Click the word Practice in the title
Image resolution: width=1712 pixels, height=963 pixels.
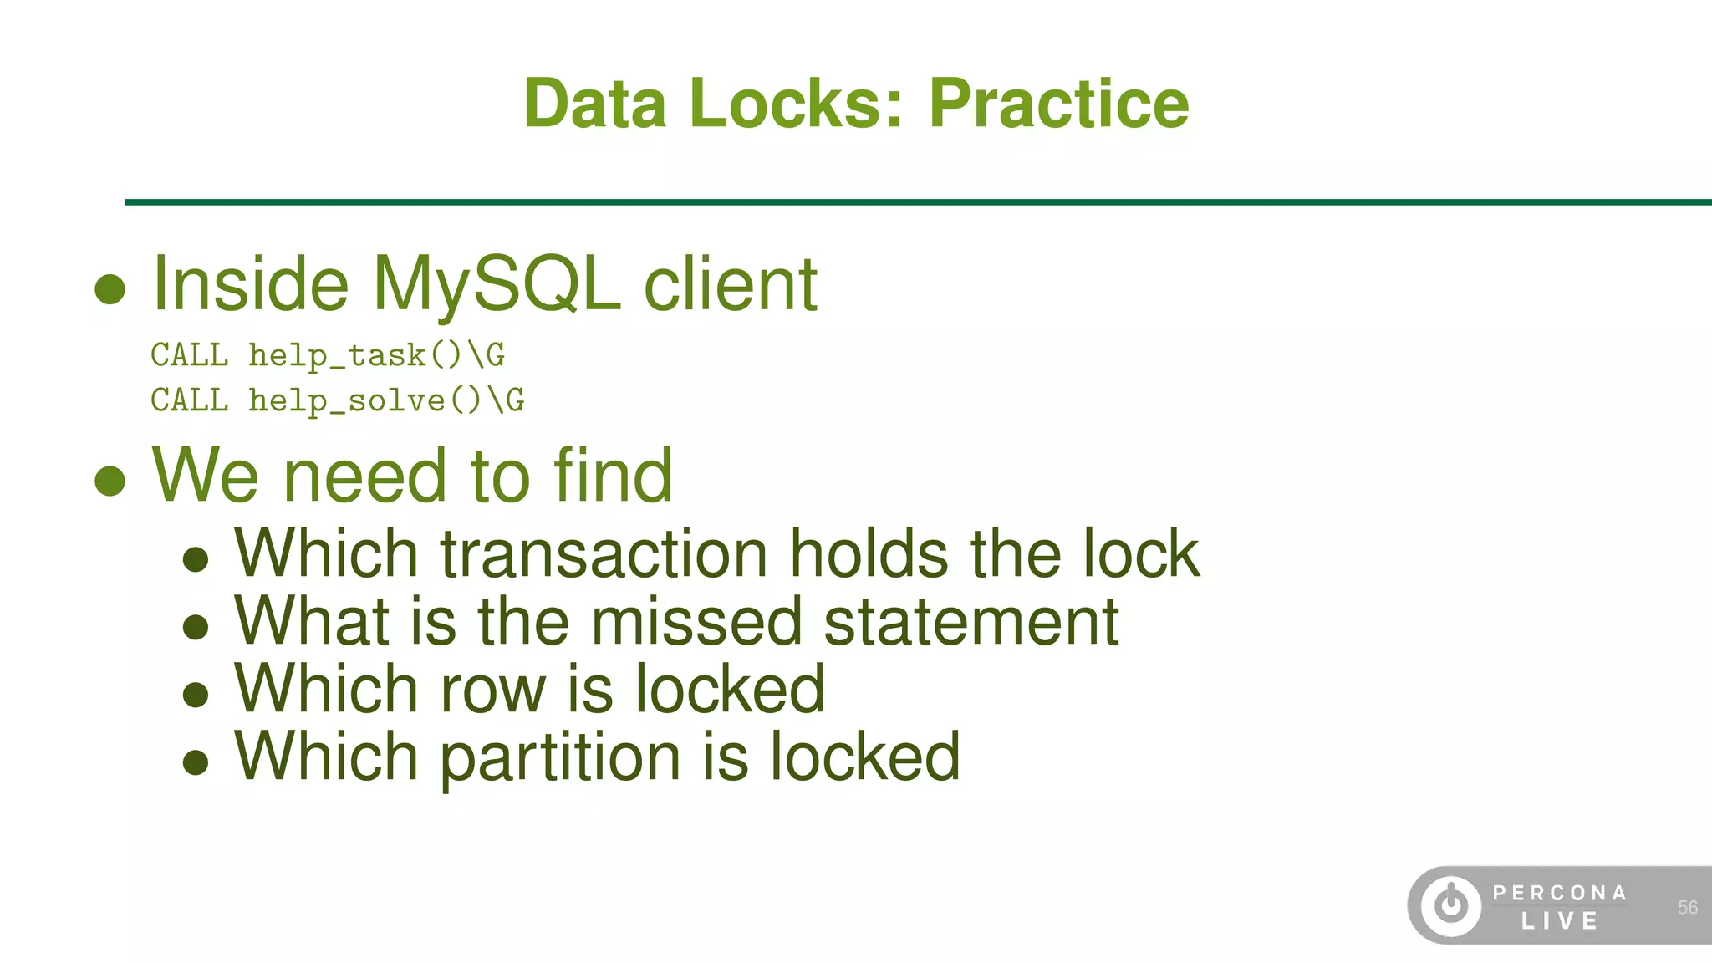pyautogui.click(x=1058, y=104)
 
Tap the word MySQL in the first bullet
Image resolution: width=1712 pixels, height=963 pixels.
pyautogui.click(x=497, y=286)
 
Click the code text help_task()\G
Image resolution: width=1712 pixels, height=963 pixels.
pyautogui.click(x=376, y=355)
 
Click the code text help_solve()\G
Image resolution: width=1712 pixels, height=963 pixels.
pyautogui.click(x=386, y=400)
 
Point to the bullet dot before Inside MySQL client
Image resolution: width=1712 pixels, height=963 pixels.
pyautogui.click(x=110, y=289)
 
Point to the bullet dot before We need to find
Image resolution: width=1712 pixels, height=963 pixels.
pyautogui.click(x=110, y=481)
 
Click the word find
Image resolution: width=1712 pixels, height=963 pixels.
pyautogui.click(x=613, y=476)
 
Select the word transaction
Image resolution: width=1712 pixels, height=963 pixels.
pyautogui.click(x=604, y=554)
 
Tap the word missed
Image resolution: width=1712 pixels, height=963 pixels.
pyautogui.click(x=696, y=622)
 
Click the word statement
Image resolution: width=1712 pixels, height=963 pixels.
pyautogui.click(x=971, y=622)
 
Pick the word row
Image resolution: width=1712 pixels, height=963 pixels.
pyautogui.click(x=492, y=690)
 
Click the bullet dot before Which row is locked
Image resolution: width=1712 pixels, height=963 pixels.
pyautogui.click(x=196, y=694)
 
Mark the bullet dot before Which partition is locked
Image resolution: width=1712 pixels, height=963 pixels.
pyautogui.click(x=196, y=762)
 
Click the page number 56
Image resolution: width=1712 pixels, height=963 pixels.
pyautogui.click(x=1687, y=908)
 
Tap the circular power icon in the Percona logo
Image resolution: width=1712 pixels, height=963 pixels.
pyautogui.click(x=1451, y=904)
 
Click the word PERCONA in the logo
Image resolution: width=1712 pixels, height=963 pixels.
pyautogui.click(x=1560, y=893)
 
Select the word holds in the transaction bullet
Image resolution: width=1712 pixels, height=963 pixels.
pyautogui.click(x=869, y=554)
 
